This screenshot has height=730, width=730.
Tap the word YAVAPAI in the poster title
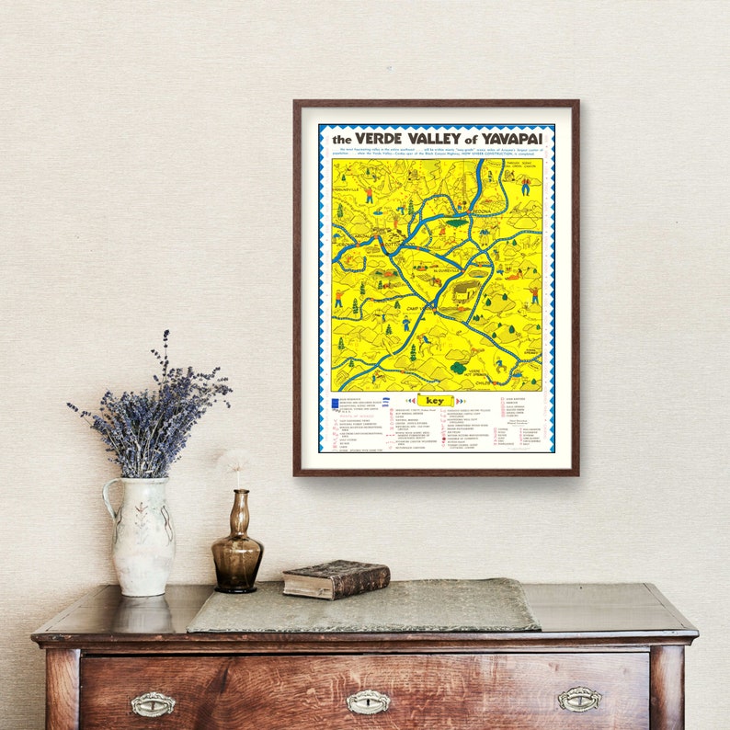[x=509, y=138]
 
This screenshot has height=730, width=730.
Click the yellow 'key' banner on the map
[x=435, y=401]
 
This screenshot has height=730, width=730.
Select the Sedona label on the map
[x=478, y=211]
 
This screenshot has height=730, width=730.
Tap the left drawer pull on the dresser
[x=153, y=704]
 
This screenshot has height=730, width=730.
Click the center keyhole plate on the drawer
[x=368, y=702]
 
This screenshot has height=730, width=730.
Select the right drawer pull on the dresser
[x=580, y=700]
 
